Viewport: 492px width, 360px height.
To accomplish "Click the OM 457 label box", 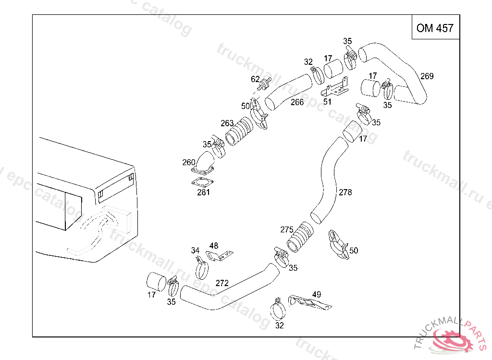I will pyautogui.click(x=435, y=28).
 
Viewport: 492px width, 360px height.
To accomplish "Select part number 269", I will pyautogui.click(x=427, y=76).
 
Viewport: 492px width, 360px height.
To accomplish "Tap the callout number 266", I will pyautogui.click(x=297, y=102).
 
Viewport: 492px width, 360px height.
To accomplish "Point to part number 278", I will pyautogui.click(x=345, y=192).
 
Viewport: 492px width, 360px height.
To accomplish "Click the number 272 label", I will pyautogui.click(x=222, y=283).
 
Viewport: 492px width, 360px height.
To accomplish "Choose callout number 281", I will pyautogui.click(x=203, y=193).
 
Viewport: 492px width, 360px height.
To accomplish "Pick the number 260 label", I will pyautogui.click(x=189, y=162).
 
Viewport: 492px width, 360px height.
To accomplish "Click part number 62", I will pyautogui.click(x=255, y=79).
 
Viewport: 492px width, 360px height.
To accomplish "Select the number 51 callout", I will pyautogui.click(x=327, y=102).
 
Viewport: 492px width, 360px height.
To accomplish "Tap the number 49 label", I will pyautogui.click(x=317, y=294).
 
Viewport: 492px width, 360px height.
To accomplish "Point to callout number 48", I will pyautogui.click(x=214, y=246).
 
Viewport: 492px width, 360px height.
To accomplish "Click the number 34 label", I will pyautogui.click(x=195, y=251).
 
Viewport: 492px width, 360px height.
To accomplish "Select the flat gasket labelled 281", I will pyautogui.click(x=201, y=182).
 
